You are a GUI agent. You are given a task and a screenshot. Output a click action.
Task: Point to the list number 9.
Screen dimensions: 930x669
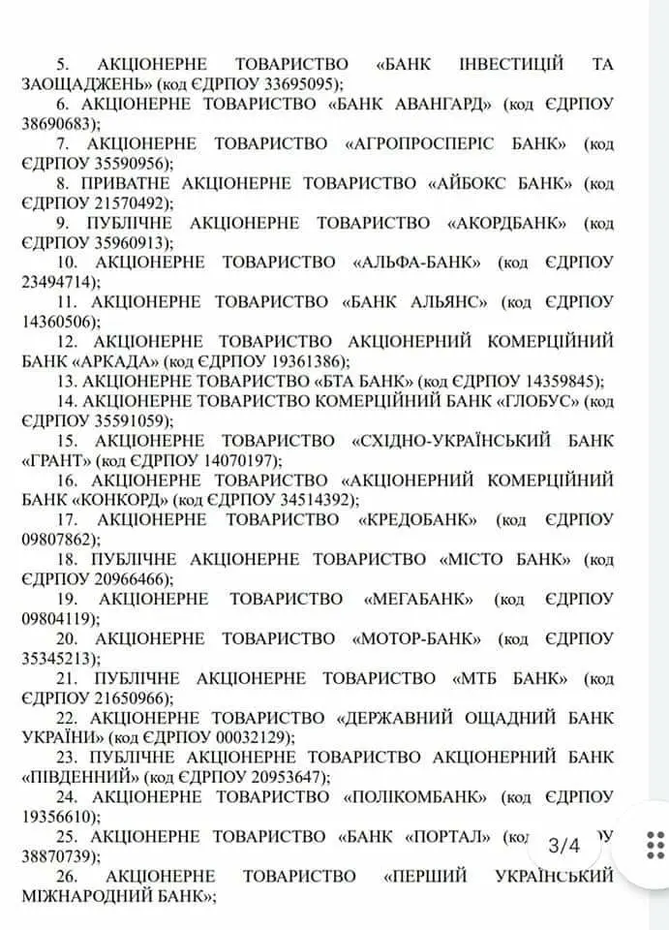[65, 222]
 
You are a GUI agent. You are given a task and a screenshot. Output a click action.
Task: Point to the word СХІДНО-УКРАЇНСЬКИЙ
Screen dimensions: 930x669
[444, 440]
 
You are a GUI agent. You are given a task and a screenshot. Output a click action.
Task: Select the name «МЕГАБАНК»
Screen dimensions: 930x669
[417, 599]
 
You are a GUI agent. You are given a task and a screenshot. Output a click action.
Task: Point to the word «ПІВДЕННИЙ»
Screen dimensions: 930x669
[79, 777]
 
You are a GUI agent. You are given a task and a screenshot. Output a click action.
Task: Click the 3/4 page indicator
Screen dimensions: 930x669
[563, 845]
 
